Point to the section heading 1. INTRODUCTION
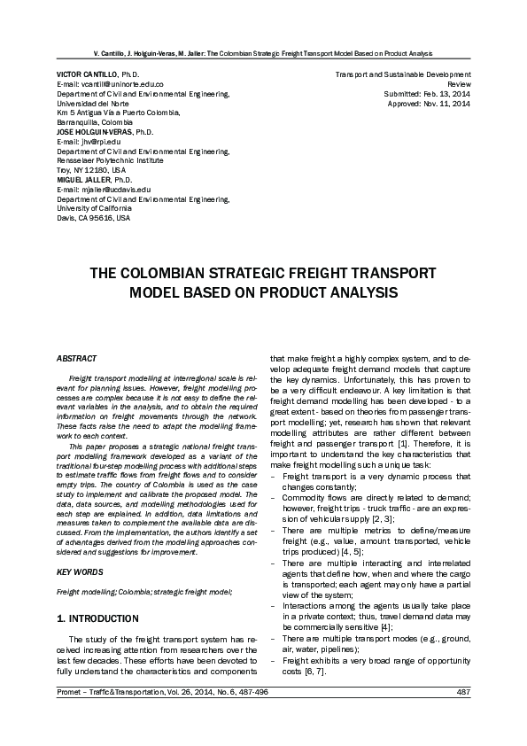(x=97, y=618)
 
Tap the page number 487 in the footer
(x=462, y=716)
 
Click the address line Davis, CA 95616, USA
(x=93, y=217)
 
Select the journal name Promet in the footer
(x=71, y=716)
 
